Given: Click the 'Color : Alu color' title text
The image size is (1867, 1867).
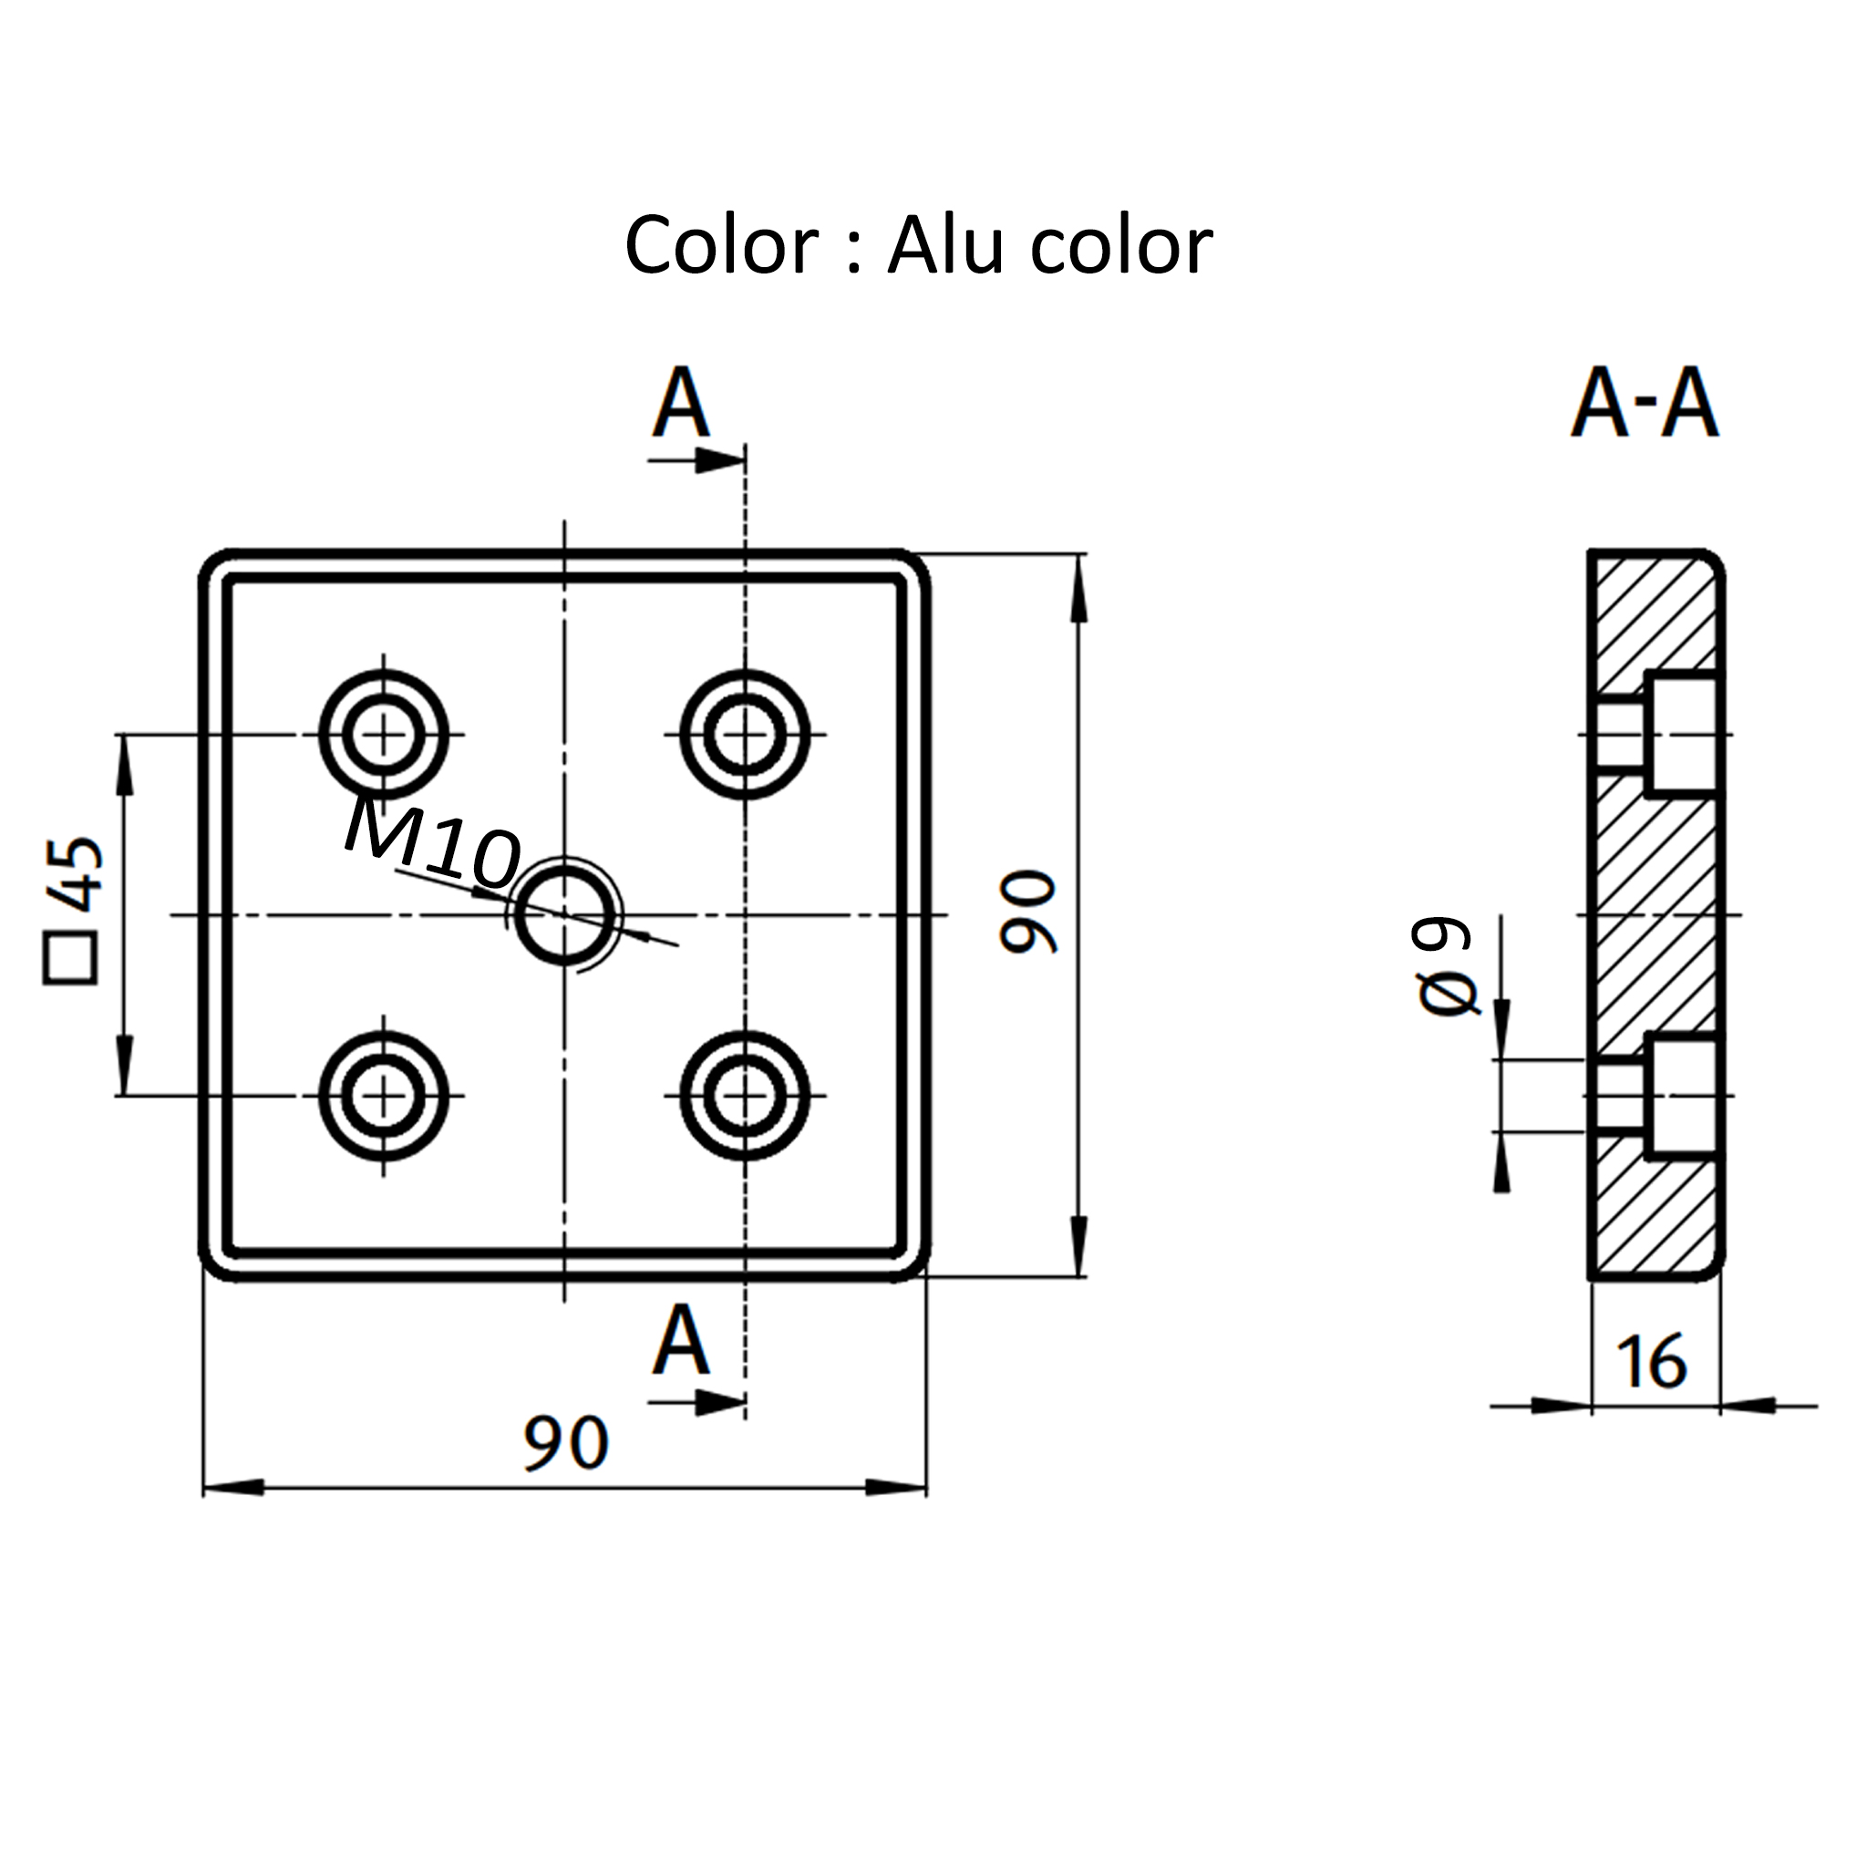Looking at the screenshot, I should pos(918,246).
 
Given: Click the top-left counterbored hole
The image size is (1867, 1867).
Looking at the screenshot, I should pos(384,736).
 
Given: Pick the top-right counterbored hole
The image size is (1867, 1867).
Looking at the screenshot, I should pos(745,736).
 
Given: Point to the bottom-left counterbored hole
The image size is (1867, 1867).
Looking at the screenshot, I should pos(384,1096).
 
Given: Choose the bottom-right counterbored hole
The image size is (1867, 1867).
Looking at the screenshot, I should pos(745,1096).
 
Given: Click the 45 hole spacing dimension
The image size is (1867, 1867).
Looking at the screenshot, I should pos(76,874).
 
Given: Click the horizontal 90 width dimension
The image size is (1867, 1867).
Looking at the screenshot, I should pos(565,1444).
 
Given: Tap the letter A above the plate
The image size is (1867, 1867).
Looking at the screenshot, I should pos(680,403).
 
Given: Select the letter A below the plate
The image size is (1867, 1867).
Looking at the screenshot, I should pos(680,1341).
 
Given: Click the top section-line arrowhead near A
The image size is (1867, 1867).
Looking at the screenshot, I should pos(719,461).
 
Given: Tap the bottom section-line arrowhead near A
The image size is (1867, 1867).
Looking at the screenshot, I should pos(719,1402).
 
